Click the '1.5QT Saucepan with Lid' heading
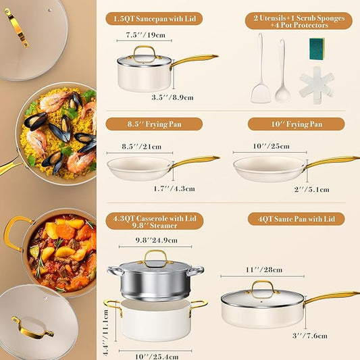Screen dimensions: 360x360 pyautogui.click(x=153, y=19)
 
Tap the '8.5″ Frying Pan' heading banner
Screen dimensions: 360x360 pyautogui.click(x=153, y=124)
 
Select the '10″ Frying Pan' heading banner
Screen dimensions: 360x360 pyautogui.click(x=296, y=124)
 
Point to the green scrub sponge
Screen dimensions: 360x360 pyautogui.click(x=317, y=48)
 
